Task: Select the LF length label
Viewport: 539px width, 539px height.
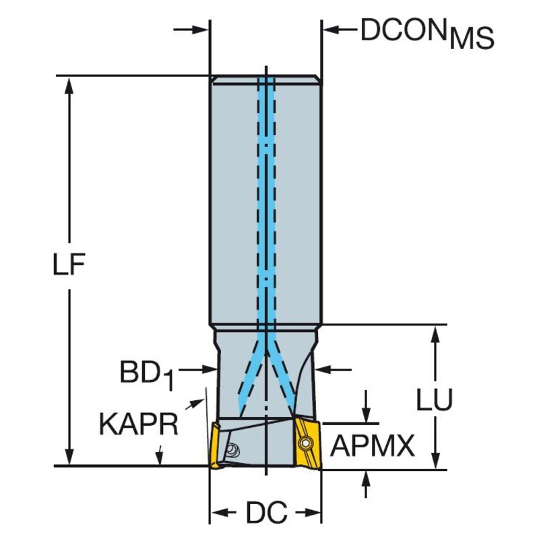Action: coord(69,265)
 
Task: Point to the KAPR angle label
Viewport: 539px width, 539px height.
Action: coord(139,424)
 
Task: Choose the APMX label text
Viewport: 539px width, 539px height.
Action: coord(373,446)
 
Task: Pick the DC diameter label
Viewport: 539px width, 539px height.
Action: coord(266,513)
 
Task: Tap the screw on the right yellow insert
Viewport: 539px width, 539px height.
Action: coord(305,443)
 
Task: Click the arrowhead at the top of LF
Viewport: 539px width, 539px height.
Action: coord(69,84)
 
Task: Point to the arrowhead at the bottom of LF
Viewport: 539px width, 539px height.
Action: coord(69,457)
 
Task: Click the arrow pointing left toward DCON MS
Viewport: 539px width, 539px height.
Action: coord(331,30)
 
